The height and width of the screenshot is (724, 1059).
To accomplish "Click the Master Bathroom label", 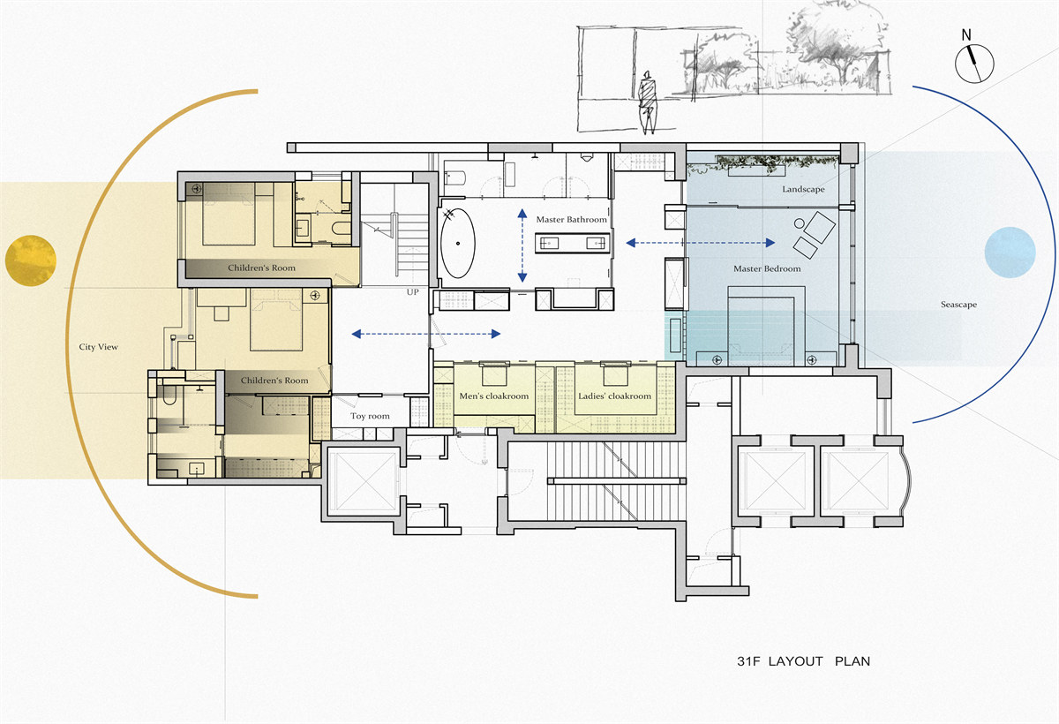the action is tap(571, 220).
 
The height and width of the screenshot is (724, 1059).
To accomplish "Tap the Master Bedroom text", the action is tap(767, 268).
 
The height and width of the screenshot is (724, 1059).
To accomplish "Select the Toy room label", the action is tap(370, 416).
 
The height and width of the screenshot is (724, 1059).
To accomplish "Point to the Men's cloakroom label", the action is tap(494, 396).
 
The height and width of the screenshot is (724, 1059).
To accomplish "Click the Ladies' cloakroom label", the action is tap(614, 396).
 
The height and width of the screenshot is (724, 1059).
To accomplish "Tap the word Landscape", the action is tap(803, 189).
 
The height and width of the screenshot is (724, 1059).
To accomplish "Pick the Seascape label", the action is tap(958, 305).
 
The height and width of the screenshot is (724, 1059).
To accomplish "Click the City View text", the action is tap(98, 347).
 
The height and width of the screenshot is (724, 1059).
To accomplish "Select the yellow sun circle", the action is tap(31, 260).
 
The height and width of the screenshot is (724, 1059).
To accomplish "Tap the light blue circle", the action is tap(1010, 252).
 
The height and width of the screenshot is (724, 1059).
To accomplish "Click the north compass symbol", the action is tap(974, 64).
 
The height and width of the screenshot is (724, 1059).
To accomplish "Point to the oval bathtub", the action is tap(458, 243).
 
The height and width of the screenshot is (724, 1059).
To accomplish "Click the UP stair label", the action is tap(412, 292).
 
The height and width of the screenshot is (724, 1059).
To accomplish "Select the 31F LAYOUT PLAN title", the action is tap(803, 661).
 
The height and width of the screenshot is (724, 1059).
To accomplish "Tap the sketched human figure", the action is tap(647, 102).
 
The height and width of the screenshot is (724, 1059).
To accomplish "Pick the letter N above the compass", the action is tap(966, 35).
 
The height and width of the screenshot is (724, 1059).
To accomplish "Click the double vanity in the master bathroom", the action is tap(573, 243).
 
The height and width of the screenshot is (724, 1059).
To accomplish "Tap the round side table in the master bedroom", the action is tap(799, 223).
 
